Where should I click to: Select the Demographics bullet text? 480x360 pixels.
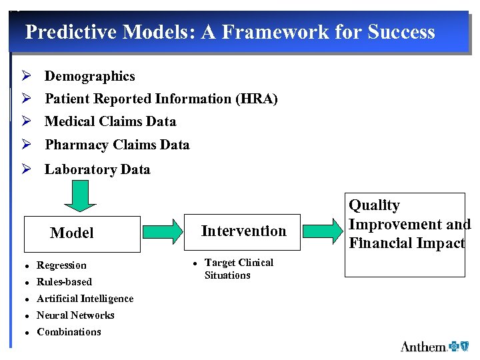[x=89, y=77]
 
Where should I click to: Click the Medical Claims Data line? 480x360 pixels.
[x=110, y=121]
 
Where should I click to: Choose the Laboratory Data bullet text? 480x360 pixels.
[x=97, y=169]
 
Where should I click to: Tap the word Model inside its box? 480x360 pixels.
[x=72, y=233]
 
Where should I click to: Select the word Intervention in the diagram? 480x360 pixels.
[x=243, y=231]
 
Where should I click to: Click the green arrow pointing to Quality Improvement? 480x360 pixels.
[x=324, y=231]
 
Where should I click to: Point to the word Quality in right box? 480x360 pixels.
[x=375, y=205]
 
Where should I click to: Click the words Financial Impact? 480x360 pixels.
[x=407, y=243]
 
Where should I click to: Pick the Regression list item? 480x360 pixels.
[x=61, y=265]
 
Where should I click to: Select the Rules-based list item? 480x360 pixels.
[x=64, y=282]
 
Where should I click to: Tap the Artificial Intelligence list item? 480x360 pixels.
[x=85, y=299]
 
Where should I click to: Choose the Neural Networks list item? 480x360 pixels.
[x=75, y=315]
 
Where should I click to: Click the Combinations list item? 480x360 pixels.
[x=69, y=332]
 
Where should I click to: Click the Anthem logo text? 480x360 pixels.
[x=423, y=346]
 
